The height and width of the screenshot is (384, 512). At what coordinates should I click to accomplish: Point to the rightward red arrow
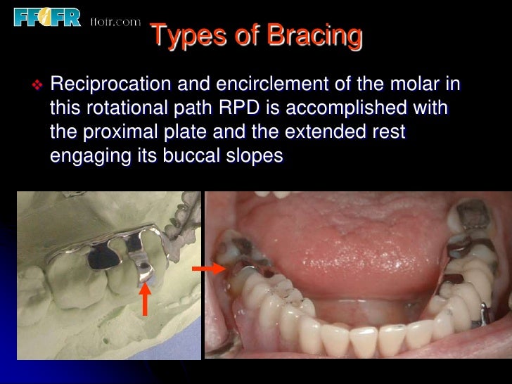click(208, 268)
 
